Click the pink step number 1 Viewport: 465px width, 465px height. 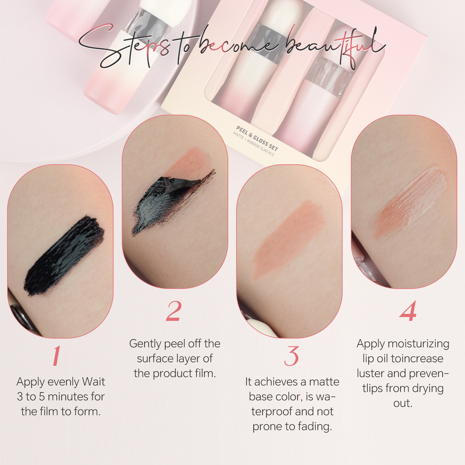56,356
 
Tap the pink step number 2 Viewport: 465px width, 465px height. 174,311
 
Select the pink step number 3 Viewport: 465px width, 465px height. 291,356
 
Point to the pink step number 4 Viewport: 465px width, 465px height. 408,311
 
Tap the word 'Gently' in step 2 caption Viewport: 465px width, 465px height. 145,344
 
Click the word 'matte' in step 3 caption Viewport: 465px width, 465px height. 324,382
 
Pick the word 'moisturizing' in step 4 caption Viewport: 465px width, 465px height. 418,344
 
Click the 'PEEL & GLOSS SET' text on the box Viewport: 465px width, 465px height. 257,138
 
